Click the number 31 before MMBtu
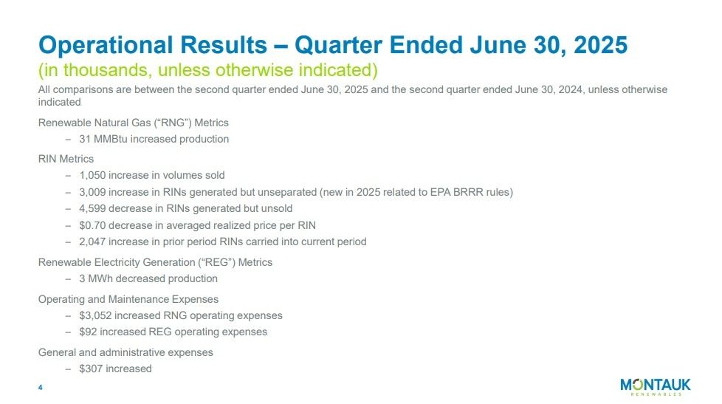pos(85,139)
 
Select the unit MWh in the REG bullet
pos(102,278)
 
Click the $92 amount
pos(88,332)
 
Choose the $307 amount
pos(91,369)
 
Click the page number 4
pos(41,388)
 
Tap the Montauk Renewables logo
pos(655,387)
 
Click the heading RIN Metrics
pos(66,158)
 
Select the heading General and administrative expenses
pos(126,352)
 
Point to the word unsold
pos(276,208)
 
